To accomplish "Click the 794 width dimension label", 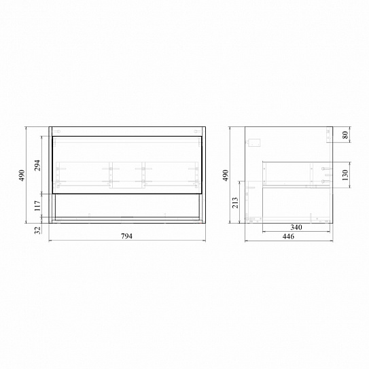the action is pos(126,236).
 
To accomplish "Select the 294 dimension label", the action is pos(37,165).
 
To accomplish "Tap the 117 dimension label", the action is pos(37,206).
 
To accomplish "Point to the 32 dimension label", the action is pos(37,230).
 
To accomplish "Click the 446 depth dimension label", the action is pos(288,236).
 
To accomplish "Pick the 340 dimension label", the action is pos(296,228).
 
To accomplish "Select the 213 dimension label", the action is pos(235,203).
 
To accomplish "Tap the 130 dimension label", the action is pos(345,175).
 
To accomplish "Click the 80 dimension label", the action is pos(345,135).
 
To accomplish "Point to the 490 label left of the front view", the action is pos(22,175).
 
